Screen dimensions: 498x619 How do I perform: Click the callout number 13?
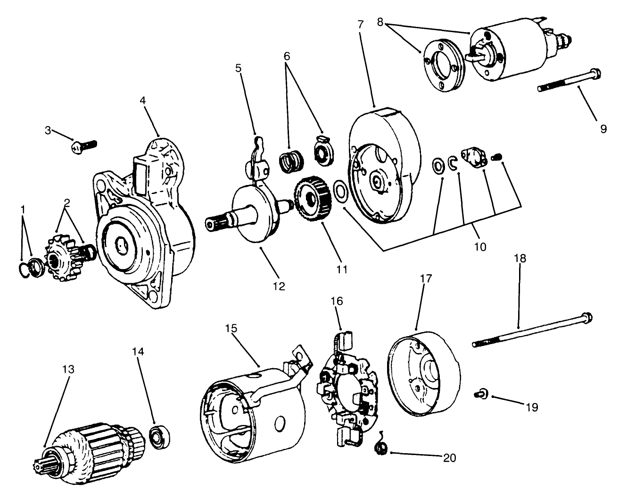68,369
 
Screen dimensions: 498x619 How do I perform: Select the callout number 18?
520,258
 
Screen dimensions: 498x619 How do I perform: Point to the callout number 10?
480,246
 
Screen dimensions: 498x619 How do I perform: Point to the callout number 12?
279,286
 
